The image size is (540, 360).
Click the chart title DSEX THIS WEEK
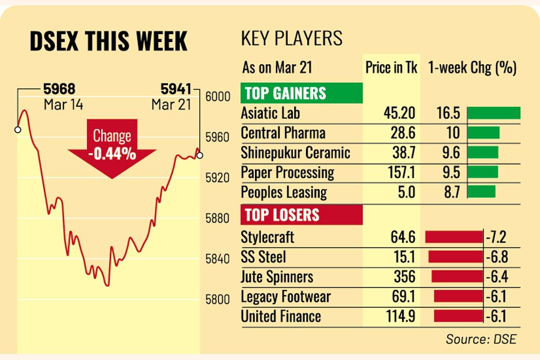coord(109,41)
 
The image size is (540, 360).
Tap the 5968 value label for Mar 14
coord(59,89)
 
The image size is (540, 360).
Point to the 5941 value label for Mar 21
coord(175,89)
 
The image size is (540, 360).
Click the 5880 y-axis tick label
coord(217,218)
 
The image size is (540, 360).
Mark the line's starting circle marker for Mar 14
coord(18,129)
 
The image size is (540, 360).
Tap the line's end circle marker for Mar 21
coord(200,155)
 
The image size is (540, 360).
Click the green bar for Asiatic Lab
coord(493,113)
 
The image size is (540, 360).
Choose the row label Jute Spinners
coord(277,277)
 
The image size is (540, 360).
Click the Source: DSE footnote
coord(480,339)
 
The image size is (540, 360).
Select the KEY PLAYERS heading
coord(292,39)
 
